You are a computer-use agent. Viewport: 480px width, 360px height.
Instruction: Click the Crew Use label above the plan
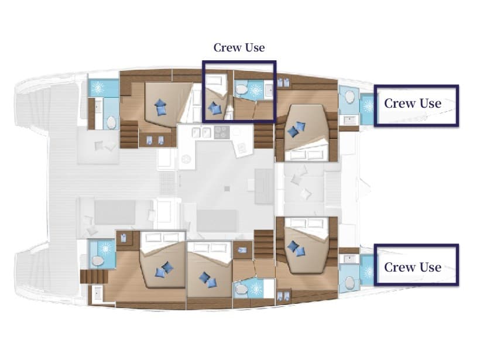pos(239,47)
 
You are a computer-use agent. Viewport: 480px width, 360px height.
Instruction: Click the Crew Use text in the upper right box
pos(412,104)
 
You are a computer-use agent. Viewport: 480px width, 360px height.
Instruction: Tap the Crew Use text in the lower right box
pos(412,267)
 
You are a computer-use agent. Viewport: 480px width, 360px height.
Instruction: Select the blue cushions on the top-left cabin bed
pos(160,107)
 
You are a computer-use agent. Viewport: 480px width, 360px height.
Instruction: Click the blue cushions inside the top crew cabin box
pos(215,108)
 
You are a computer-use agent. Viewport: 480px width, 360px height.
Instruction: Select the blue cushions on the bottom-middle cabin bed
pos(207,280)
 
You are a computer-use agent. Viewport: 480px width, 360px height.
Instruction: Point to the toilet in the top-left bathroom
pos(111,122)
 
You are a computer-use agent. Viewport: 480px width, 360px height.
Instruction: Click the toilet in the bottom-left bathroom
pos(98,260)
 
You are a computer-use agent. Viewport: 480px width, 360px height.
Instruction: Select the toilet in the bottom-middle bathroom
pos(239,288)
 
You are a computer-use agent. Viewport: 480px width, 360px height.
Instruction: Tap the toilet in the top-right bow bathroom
pos(349,97)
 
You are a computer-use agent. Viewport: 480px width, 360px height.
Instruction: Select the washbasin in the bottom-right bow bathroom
pos(349,258)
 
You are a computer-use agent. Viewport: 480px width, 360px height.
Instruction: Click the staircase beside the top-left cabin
pos(128,134)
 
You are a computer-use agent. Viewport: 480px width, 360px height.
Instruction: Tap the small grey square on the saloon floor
pos(227,188)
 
